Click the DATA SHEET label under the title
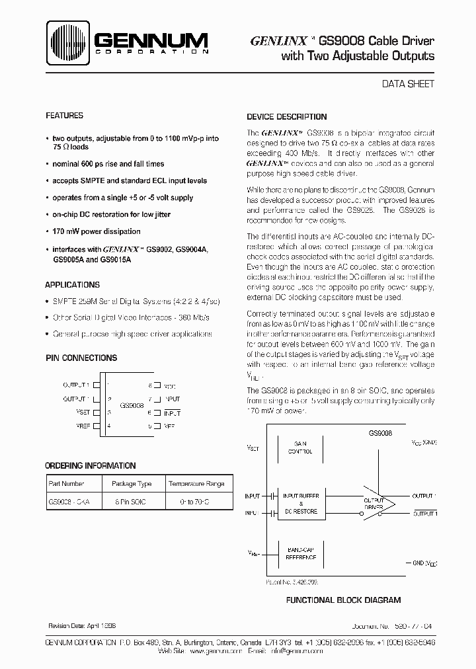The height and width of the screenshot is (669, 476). tap(409, 84)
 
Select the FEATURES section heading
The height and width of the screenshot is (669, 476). tap(64, 115)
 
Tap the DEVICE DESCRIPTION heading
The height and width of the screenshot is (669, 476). tap(286, 116)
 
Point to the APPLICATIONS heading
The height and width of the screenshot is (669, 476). tap(73, 285)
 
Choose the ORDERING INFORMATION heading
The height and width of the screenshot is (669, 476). tap(91, 465)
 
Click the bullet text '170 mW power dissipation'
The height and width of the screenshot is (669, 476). tap(97, 231)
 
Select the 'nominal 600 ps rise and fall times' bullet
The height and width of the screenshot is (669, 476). tap(108, 163)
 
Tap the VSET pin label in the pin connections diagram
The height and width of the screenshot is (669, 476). tap(83, 411)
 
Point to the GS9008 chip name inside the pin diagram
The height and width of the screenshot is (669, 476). tap(130, 405)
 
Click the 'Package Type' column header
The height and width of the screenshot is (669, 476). tap(132, 484)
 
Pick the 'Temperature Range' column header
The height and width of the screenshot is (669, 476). tap(200, 484)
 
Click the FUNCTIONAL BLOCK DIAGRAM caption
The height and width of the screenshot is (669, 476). tap(343, 600)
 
